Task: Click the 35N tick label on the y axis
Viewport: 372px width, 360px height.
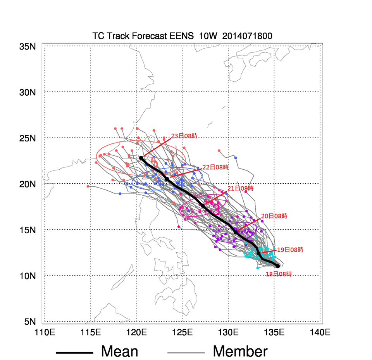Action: pos(28,47)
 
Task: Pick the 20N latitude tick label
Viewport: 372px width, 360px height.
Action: pos(28,184)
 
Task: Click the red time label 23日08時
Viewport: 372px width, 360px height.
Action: pos(184,136)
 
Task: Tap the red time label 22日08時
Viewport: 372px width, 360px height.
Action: pos(215,167)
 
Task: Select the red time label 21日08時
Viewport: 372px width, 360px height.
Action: pos(240,188)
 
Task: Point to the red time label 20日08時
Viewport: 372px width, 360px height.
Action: pos(274,216)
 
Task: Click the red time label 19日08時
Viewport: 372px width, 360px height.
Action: pos(290,250)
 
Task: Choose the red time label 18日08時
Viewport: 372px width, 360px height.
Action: pos(279,274)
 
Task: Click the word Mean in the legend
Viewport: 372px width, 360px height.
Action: pos(119,351)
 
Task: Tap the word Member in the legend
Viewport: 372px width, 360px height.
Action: pos(240,351)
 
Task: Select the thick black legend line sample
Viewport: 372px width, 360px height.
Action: pos(74,353)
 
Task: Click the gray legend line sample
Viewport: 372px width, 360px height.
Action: pos(186,353)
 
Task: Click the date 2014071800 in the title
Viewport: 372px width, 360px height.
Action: pos(247,36)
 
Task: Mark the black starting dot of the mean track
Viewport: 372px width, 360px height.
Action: pos(278,266)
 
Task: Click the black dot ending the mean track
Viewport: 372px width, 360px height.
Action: pos(141,158)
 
